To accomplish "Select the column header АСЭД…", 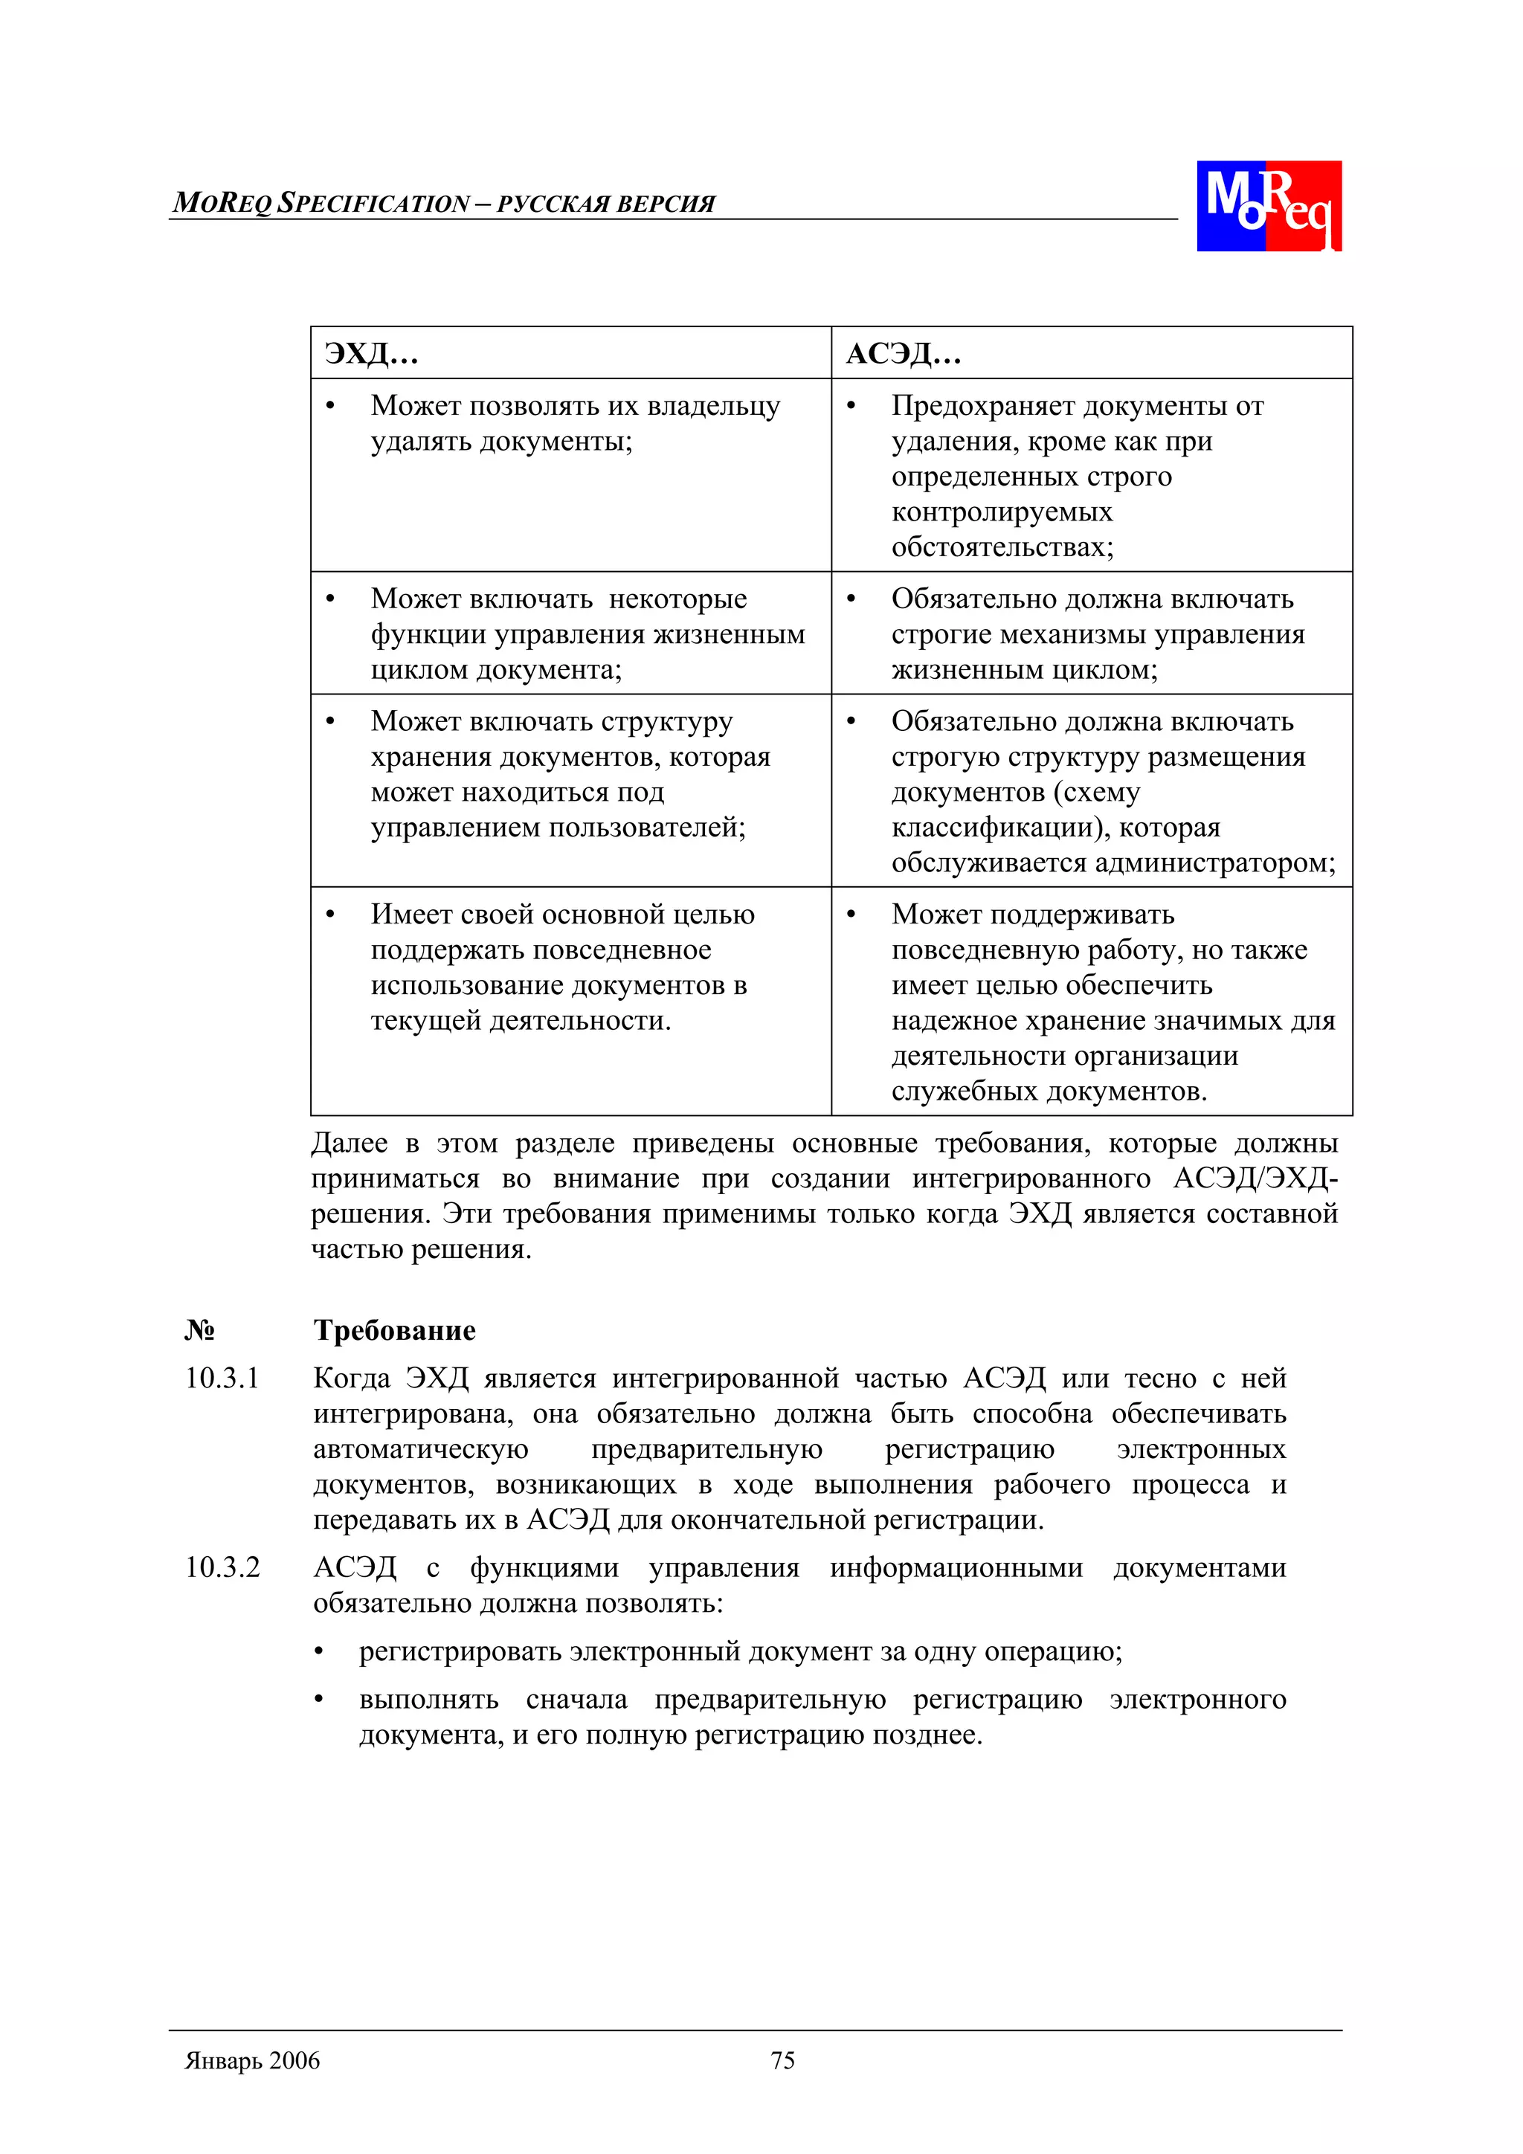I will pos(903,354).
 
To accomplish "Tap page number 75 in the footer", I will pos(782,2060).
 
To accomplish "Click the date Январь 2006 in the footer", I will pos(252,2060).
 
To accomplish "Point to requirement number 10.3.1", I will pos(222,1379).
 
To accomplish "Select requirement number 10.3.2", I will pos(222,1567).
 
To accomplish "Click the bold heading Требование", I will pos(394,1330).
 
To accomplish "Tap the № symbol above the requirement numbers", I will pos(199,1330).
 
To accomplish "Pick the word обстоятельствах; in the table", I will pos(1002,547).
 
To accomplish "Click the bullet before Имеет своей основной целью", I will pos(329,915).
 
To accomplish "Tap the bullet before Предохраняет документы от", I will pos(850,406).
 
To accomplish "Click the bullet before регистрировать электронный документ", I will pos(320,1652).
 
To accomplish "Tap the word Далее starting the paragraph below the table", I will pos(348,1144).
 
